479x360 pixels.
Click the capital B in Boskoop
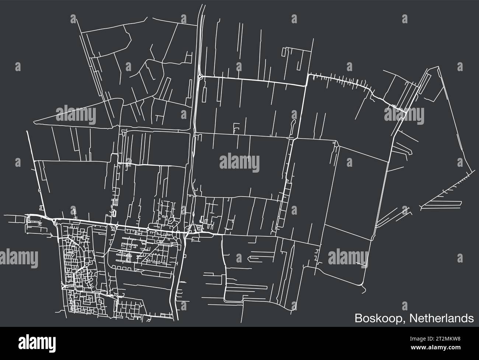(x=358, y=318)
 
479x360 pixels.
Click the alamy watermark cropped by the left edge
(x=18, y=257)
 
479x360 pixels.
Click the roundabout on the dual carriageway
(x=199, y=76)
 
